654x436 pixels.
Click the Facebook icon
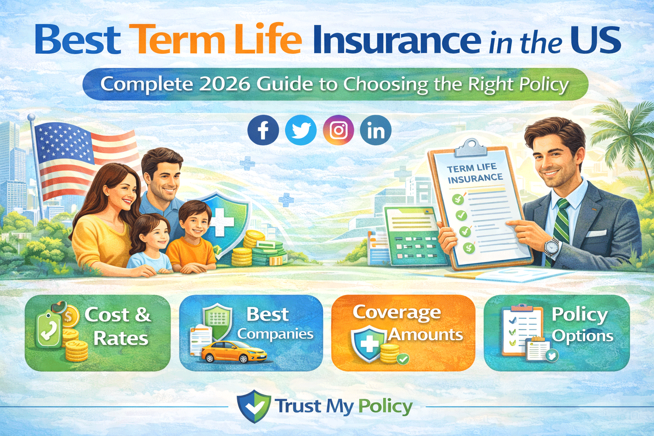click(263, 130)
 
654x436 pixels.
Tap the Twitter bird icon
click(301, 130)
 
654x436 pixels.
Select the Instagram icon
click(338, 130)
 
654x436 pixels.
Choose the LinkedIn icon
click(376, 130)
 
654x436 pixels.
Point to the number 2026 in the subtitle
click(224, 84)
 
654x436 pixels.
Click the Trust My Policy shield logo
click(254, 406)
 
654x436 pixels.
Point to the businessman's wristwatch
click(552, 246)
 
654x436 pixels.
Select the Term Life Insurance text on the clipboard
click(473, 173)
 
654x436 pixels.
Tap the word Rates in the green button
click(121, 338)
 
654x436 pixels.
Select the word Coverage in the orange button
click(397, 313)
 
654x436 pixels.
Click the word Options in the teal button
click(582, 336)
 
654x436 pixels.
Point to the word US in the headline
click(596, 40)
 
